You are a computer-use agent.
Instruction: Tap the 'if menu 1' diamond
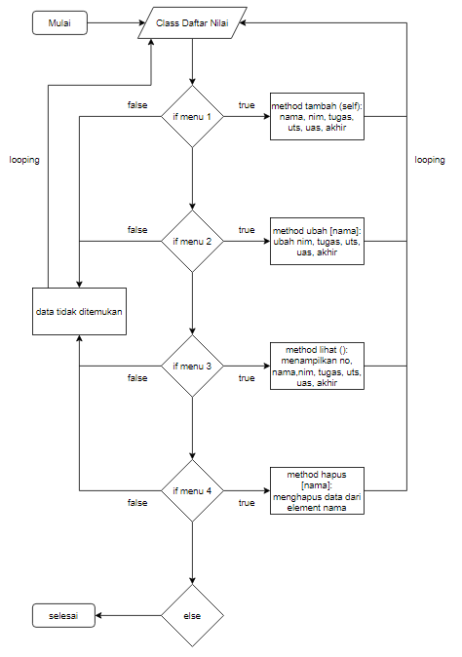click(x=193, y=117)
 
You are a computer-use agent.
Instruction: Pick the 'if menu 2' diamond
click(x=193, y=241)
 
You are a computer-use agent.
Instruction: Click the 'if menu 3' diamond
click(x=193, y=367)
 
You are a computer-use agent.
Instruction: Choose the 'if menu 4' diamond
click(x=193, y=490)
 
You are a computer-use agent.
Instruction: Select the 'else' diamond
click(x=193, y=615)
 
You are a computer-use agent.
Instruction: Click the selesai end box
click(x=60, y=615)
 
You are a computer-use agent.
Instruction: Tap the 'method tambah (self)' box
click(x=318, y=117)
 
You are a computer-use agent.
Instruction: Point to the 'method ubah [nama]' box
click(x=318, y=241)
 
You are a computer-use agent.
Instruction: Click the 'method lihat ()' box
click(x=318, y=367)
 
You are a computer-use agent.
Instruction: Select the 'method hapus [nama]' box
click(x=318, y=490)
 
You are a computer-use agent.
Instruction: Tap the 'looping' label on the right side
click(x=429, y=159)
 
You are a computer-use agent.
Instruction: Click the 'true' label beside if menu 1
click(x=247, y=105)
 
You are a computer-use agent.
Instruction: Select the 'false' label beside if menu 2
click(x=137, y=229)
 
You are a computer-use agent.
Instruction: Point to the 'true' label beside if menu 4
click(x=247, y=503)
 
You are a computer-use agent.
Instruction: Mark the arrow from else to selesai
click(x=127, y=615)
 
